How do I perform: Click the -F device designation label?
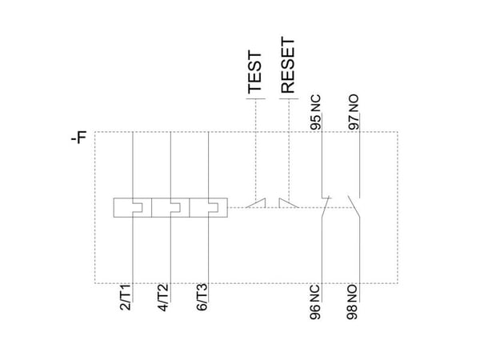(x=78, y=137)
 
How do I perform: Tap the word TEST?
(x=254, y=72)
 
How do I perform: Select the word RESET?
(x=288, y=66)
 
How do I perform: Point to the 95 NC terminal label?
(x=316, y=112)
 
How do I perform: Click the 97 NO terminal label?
(x=354, y=112)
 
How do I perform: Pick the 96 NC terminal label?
(x=315, y=302)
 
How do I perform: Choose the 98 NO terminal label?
(x=352, y=302)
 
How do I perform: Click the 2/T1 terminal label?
(x=126, y=297)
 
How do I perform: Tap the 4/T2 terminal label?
(x=163, y=298)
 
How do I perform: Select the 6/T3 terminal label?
(x=202, y=298)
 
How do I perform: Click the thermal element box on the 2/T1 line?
(x=133, y=207)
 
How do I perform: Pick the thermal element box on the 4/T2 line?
(x=170, y=207)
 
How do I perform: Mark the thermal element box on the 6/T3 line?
(x=209, y=207)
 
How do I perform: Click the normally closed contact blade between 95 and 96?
(x=326, y=207)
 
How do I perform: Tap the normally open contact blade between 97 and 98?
(x=354, y=206)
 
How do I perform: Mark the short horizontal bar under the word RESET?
(x=289, y=99)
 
